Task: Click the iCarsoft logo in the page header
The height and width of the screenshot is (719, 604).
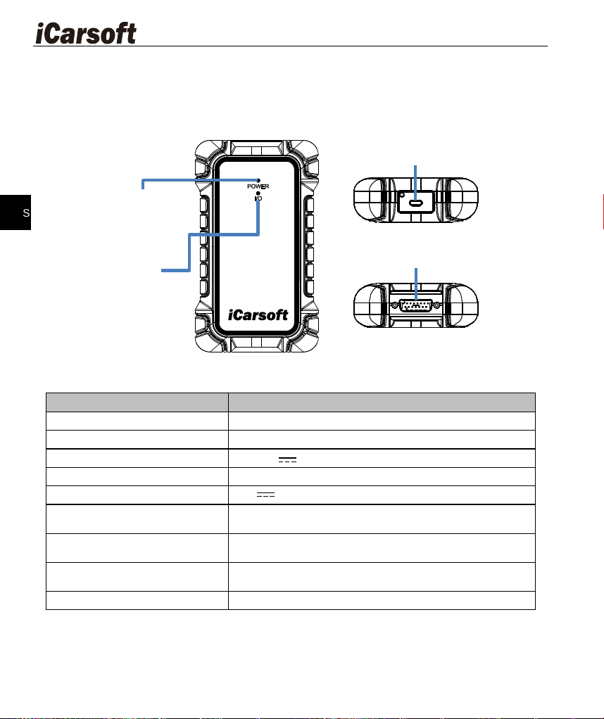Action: [x=86, y=34]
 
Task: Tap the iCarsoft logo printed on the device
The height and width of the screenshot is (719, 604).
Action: [x=258, y=315]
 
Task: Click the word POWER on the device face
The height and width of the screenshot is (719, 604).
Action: [x=258, y=186]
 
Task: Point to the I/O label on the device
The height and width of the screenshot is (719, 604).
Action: [x=258, y=198]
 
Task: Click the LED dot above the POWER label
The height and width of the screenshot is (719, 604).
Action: [x=258, y=180]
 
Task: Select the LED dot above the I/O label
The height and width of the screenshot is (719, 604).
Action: [x=258, y=193]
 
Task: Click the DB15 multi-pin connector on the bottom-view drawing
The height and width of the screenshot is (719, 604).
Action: [x=416, y=305]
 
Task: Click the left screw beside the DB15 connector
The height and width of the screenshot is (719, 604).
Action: [x=394, y=305]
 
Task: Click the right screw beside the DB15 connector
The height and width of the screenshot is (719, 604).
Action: [x=437, y=305]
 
